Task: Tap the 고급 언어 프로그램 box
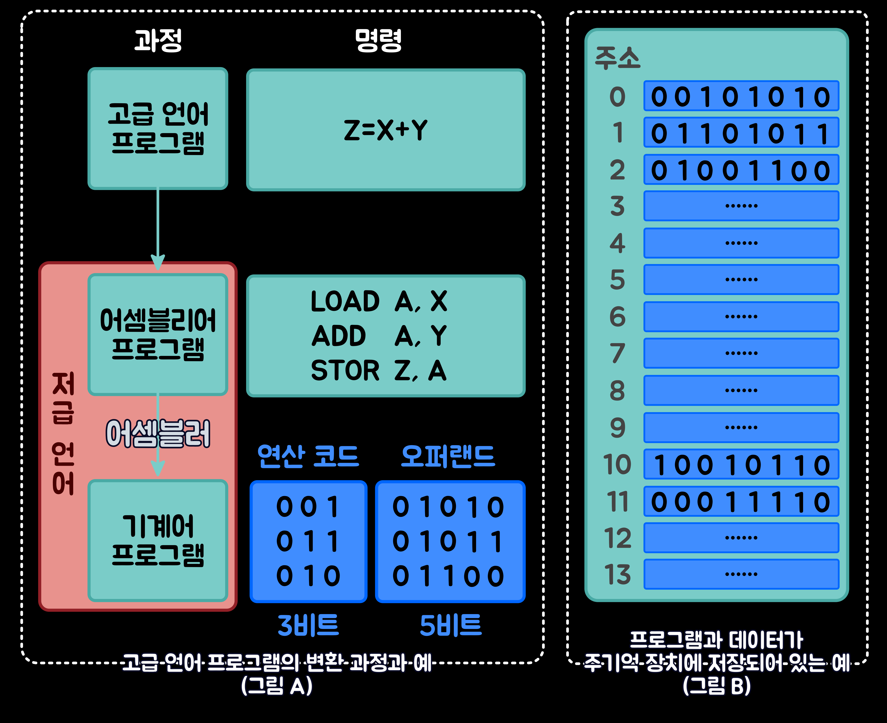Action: click(x=158, y=128)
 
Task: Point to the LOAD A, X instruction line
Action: click(x=379, y=301)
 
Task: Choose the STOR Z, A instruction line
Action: click(x=379, y=370)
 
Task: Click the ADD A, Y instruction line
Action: click(x=379, y=336)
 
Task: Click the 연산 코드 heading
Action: click(x=308, y=456)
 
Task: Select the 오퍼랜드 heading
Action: click(x=448, y=456)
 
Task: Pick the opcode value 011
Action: click(x=308, y=541)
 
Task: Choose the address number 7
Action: click(x=618, y=353)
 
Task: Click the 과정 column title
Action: click(x=158, y=40)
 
